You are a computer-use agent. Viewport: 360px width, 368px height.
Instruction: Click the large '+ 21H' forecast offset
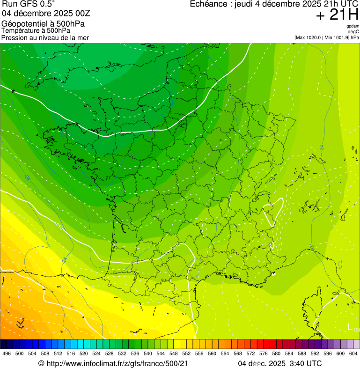pos(337,15)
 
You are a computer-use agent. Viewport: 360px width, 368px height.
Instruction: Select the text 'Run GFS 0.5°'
pos(28,4)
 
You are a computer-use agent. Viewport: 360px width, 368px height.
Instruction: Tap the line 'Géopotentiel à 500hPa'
pos(43,24)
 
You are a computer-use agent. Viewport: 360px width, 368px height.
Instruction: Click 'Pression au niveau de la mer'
pos(45,37)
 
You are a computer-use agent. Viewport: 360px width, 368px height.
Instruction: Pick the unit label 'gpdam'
pos(353,26)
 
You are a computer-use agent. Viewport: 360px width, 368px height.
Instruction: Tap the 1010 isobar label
pos(59,225)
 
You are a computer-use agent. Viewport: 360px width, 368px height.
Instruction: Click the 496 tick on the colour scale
pos(7,353)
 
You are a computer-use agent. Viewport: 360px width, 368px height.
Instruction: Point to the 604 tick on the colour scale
pos(353,353)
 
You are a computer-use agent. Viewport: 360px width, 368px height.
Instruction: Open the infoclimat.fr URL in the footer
pos(117,363)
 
